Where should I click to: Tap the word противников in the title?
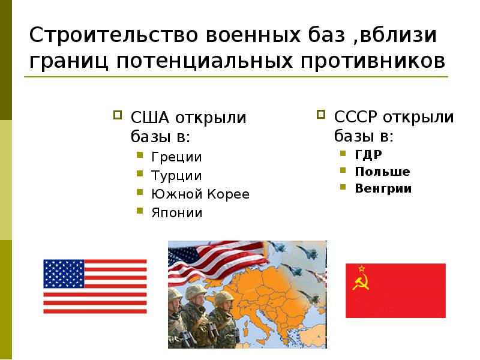[371, 60]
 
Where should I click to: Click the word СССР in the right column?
[354, 116]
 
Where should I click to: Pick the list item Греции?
[176, 157]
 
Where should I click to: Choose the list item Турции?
[176, 176]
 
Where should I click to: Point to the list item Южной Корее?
[200, 194]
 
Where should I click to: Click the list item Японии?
[177, 213]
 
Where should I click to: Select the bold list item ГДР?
[368, 154]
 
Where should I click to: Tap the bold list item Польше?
[382, 172]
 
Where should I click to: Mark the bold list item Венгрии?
[383, 188]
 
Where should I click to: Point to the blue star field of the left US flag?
[64, 274]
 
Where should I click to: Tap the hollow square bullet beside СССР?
[321, 113]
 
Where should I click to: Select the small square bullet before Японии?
[139, 212]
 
